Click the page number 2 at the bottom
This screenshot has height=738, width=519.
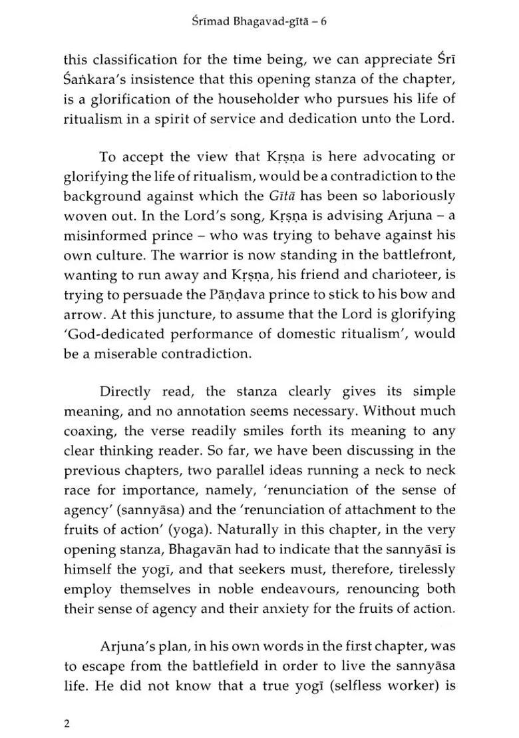[67, 725]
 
